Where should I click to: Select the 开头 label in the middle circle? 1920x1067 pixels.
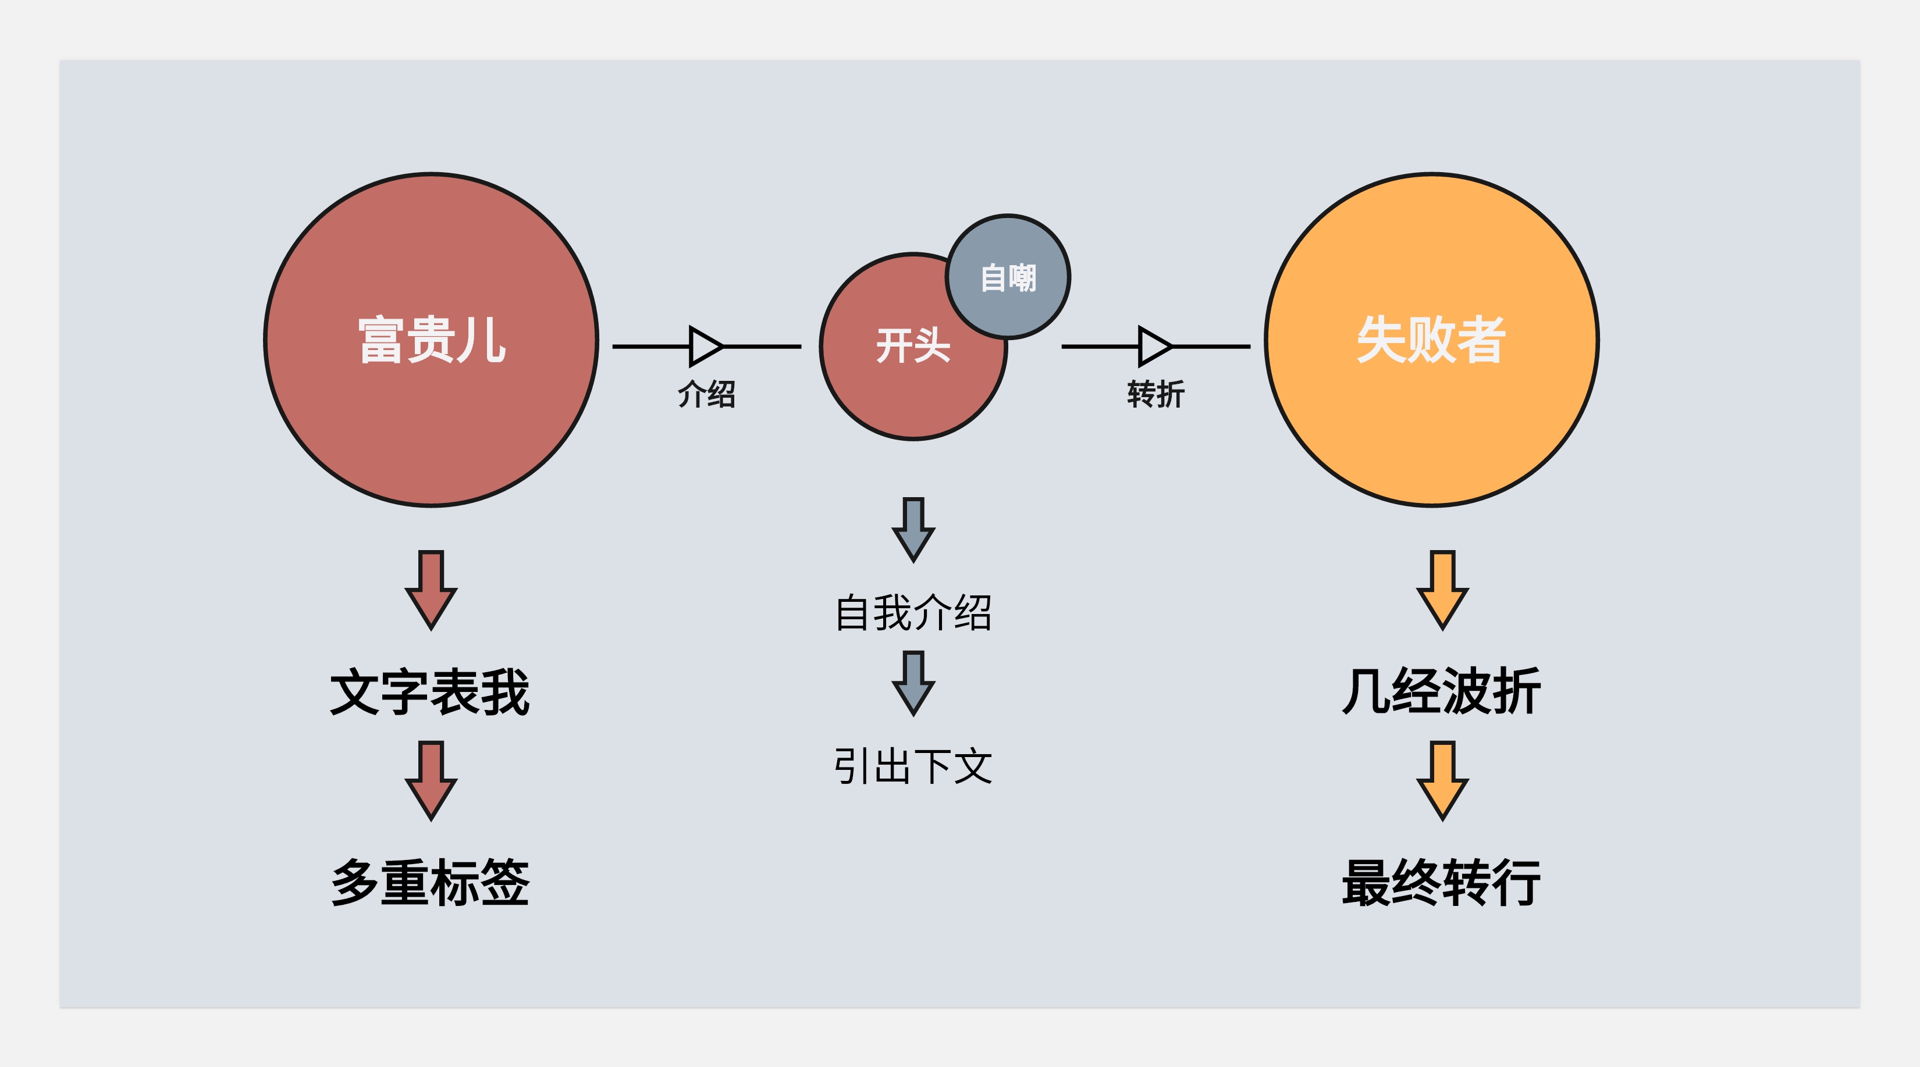tap(912, 346)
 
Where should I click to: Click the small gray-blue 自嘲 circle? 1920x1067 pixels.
tap(1008, 277)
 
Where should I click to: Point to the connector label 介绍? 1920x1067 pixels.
tap(706, 394)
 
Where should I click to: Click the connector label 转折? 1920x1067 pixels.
tap(1155, 394)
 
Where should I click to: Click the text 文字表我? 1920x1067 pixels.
tap(430, 691)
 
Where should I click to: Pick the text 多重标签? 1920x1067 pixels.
tap(430, 882)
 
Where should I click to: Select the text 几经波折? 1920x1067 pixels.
tap(1442, 691)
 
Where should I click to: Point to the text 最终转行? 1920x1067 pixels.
tap(1442, 882)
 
